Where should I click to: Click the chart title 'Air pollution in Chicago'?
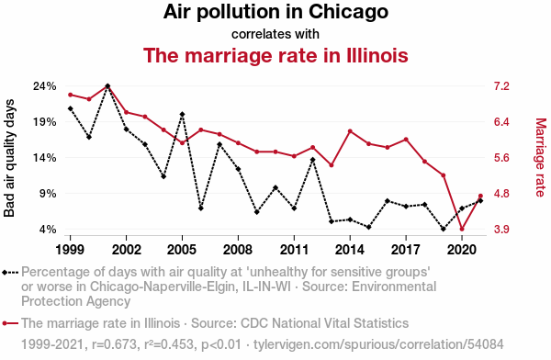275,12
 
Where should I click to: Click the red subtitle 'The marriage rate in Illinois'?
275,55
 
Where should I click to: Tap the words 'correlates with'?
275,34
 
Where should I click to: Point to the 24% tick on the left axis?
45,86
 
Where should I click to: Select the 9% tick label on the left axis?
48,194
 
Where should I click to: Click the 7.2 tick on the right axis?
501,86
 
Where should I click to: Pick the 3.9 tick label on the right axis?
501,230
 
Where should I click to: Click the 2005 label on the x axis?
182,250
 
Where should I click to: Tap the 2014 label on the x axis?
350,250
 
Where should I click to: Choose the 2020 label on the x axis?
462,250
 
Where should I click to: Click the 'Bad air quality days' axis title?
9,158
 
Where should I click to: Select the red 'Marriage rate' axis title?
541,158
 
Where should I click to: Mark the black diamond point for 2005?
182,114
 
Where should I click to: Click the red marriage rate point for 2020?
462,229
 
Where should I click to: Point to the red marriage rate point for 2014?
350,131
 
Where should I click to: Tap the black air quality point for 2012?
313,160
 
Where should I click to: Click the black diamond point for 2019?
444,229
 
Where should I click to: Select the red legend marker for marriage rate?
10,323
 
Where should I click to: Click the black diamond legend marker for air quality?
10,273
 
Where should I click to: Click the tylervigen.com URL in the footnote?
378,344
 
